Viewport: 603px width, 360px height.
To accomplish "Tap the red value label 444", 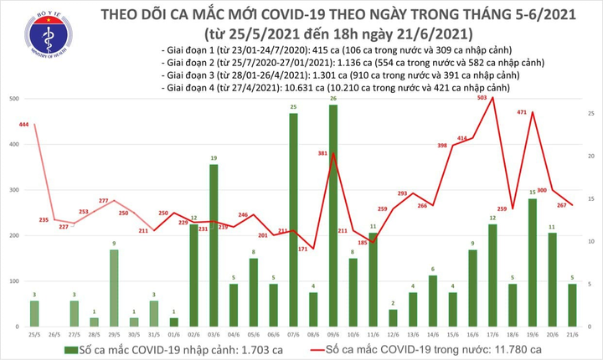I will coord(23,125).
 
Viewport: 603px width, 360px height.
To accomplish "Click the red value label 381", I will coord(323,153).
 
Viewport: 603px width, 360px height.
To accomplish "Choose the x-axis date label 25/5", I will coord(34,332).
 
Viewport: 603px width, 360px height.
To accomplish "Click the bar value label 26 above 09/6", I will coord(333,99).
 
